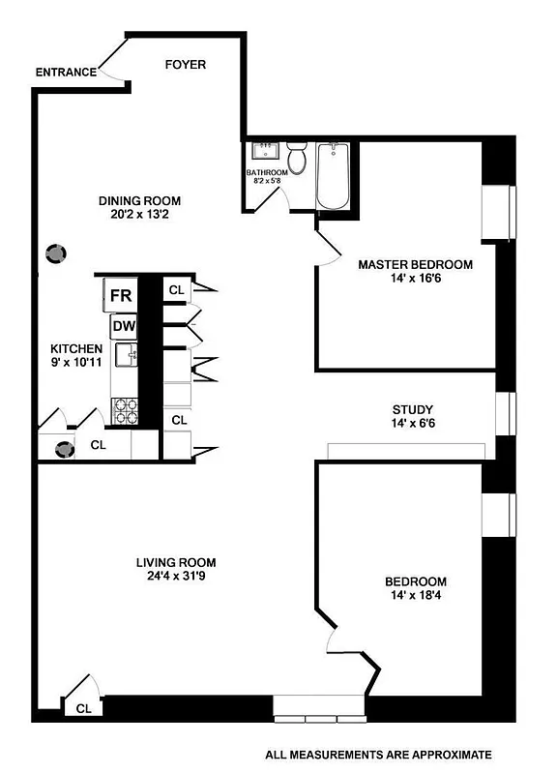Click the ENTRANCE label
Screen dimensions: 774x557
coord(66,72)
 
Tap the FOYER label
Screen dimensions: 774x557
coord(185,65)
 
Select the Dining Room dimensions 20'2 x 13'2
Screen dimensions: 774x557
coord(140,216)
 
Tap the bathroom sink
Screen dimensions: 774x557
coord(263,151)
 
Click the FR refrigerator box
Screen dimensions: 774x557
coord(121,295)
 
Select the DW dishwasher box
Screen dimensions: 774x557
coord(123,326)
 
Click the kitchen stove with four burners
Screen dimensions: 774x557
coord(125,412)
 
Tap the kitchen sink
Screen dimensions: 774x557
coord(126,358)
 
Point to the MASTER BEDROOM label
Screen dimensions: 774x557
coord(415,264)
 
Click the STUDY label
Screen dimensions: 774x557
coord(412,409)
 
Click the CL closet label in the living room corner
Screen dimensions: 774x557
coord(84,708)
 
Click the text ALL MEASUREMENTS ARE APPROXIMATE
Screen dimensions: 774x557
coord(379,754)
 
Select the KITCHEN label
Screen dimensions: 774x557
coord(76,348)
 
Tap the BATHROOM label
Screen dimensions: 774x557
coord(267,172)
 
